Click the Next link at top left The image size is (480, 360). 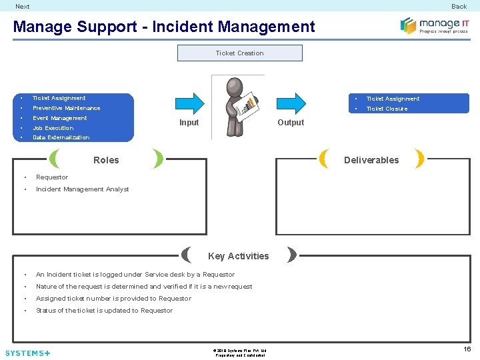[x=23, y=7]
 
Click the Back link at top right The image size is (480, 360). [x=459, y=7]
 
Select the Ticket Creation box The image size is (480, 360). [x=239, y=53]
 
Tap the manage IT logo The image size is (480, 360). [x=434, y=25]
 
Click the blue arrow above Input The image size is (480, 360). [x=189, y=103]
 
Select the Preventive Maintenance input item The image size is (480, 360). [x=66, y=108]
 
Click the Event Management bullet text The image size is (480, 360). [x=59, y=118]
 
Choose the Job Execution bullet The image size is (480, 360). [x=53, y=128]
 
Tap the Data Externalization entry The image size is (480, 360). [x=61, y=137]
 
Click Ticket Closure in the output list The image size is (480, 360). [x=387, y=109]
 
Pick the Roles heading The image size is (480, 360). [x=106, y=160]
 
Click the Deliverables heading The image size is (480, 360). [x=371, y=160]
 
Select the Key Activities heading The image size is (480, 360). [x=238, y=256]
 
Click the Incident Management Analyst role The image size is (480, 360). [x=82, y=189]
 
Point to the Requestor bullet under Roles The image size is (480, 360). [x=52, y=177]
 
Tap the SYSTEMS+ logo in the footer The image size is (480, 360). [x=27, y=353]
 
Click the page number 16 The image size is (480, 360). [x=467, y=349]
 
